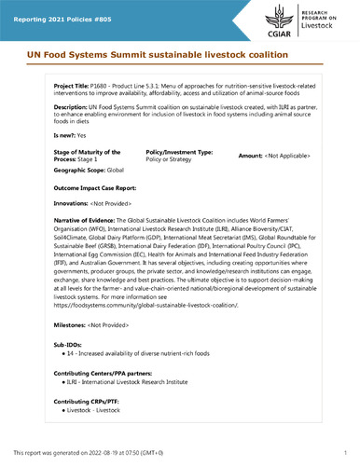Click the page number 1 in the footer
tap(345, 452)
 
